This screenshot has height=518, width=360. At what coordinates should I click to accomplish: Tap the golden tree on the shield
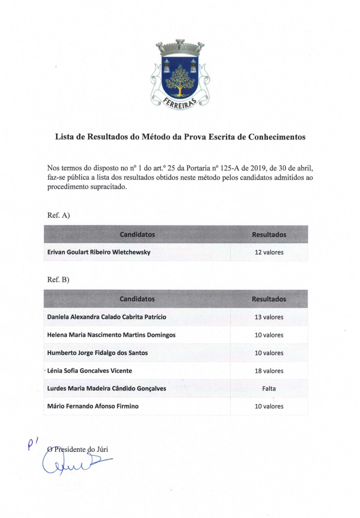click(179, 81)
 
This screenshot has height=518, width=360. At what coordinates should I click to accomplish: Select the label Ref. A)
click(58, 215)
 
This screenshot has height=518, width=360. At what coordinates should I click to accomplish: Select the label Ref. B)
click(58, 279)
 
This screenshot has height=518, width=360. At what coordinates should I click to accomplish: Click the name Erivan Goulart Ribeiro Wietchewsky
click(99, 252)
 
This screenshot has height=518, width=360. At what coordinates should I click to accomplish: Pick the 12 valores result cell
click(269, 252)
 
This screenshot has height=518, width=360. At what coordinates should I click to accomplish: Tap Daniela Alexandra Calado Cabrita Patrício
click(106, 317)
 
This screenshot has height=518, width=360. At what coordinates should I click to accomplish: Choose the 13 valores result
click(269, 317)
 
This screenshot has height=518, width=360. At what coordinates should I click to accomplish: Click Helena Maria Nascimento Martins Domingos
click(111, 335)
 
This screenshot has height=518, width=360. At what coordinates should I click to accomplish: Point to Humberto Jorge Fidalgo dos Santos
click(98, 353)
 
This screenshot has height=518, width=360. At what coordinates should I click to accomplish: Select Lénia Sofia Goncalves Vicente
click(89, 371)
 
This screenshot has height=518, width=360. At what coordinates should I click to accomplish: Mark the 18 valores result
click(269, 371)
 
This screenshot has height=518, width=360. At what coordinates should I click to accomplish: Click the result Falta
click(269, 388)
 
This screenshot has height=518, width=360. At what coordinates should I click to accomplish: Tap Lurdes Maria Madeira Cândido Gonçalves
click(106, 388)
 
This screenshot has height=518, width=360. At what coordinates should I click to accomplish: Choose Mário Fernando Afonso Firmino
click(93, 406)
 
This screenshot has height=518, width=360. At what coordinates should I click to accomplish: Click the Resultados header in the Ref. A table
click(269, 235)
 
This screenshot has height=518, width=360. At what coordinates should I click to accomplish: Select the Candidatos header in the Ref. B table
click(137, 299)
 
